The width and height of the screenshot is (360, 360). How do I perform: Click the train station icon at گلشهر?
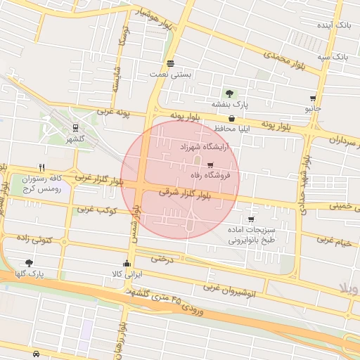75,127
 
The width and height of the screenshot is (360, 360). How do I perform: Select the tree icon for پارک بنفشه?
229,93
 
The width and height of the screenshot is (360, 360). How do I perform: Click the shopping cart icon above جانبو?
312,98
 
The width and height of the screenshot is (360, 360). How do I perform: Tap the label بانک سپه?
332,56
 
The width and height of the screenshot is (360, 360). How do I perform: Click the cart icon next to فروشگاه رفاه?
210,165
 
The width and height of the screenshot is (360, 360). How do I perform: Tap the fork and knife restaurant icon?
42,167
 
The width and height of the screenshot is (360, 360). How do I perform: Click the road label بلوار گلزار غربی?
100,179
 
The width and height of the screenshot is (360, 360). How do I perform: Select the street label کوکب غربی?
96,210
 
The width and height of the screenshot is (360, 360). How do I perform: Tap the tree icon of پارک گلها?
28,262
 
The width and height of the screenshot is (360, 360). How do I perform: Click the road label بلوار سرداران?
340,141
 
